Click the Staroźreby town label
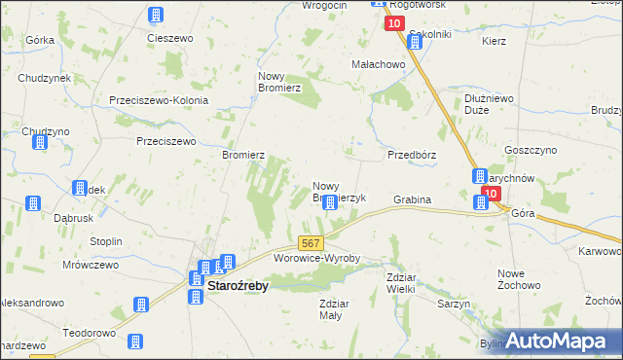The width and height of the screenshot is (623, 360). click(x=238, y=286)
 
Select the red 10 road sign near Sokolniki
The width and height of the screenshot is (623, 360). click(x=393, y=23)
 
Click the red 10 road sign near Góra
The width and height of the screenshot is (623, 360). click(x=495, y=194)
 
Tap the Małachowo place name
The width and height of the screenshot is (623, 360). click(x=378, y=64)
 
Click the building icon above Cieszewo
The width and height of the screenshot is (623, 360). click(x=156, y=15)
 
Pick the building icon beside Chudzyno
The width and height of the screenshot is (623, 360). click(x=40, y=143)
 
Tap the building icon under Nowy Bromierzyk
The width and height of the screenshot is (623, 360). click(x=330, y=202)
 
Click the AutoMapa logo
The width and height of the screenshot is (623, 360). click(x=557, y=341)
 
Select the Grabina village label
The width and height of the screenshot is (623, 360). click(x=412, y=200)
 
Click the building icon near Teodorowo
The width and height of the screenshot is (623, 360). click(x=134, y=341)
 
